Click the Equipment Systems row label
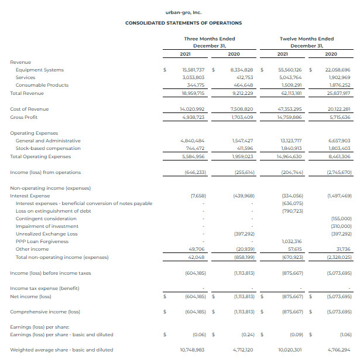[39, 70]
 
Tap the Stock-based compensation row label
[48, 148]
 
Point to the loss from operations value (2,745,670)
[338, 172]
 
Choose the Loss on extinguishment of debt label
[53, 211]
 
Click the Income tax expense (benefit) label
[44, 288]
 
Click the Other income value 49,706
[197, 249]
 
